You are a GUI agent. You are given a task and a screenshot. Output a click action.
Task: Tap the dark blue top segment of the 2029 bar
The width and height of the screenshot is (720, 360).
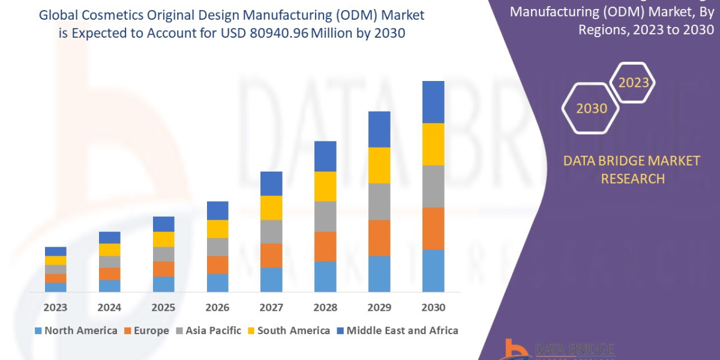pyautogui.click(x=379, y=129)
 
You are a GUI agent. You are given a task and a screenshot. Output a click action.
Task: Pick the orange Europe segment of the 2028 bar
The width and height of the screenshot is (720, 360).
pyautogui.click(x=325, y=246)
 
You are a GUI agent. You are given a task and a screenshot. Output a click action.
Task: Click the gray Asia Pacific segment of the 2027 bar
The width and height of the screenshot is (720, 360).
pyautogui.click(x=271, y=232)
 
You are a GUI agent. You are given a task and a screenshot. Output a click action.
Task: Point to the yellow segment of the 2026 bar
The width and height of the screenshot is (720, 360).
pyautogui.click(x=217, y=229)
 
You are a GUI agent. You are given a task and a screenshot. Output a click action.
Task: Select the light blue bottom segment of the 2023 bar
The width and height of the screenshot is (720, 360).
pyautogui.click(x=56, y=287)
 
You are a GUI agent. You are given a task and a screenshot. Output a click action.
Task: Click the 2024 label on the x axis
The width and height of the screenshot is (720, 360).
pyautogui.click(x=109, y=308)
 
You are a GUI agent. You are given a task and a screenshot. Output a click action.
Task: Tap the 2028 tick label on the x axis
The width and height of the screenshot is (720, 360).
pyautogui.click(x=325, y=308)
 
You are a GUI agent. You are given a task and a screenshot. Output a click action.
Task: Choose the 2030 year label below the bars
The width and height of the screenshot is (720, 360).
pyautogui.click(x=433, y=308)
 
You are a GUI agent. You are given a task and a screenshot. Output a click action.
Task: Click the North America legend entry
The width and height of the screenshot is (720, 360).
pyautogui.click(x=76, y=331)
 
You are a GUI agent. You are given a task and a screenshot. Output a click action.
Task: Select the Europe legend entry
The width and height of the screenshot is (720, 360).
pyautogui.click(x=146, y=331)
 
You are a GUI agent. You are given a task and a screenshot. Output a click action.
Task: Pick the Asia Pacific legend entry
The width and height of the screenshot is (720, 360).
pyautogui.click(x=208, y=331)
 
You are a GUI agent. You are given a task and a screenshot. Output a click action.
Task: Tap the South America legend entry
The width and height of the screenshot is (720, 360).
pyautogui.click(x=288, y=331)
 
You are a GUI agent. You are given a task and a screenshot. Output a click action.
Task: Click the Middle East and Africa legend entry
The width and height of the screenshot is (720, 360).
pyautogui.click(x=397, y=331)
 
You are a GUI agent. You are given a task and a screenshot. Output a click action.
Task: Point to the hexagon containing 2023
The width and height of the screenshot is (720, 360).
pyautogui.click(x=633, y=82)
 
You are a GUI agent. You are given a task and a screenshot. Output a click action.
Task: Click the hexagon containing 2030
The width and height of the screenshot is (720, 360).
pyautogui.click(x=592, y=108)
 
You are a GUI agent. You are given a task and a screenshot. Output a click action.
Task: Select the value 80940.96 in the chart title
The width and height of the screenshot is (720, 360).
pyautogui.click(x=274, y=34)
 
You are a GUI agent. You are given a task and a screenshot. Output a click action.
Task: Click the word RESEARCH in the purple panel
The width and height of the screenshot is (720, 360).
pyautogui.click(x=632, y=179)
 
